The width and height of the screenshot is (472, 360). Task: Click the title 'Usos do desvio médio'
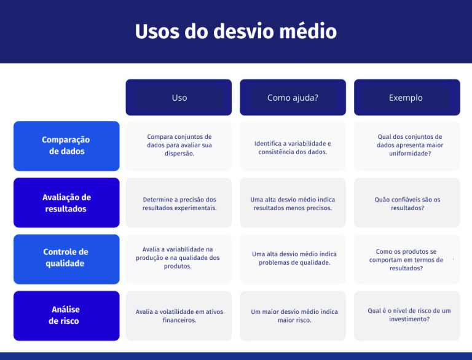236,31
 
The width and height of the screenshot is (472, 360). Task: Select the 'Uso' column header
179,98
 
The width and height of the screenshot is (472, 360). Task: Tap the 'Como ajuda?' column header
293,98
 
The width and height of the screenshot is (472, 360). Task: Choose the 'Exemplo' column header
406,98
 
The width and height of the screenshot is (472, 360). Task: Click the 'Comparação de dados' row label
66,146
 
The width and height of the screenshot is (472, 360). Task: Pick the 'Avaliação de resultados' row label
66,203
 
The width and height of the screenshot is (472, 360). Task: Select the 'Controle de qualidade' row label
66,258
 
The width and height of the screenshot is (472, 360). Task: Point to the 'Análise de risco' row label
66,315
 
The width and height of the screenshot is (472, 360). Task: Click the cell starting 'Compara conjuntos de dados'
179,146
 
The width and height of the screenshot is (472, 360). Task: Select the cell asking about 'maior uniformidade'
406,146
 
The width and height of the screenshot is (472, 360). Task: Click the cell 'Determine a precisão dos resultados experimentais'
179,203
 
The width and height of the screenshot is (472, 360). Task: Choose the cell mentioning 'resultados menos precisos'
293,203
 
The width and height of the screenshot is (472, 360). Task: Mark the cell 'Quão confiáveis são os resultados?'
406,203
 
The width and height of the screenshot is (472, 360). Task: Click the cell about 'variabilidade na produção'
179,258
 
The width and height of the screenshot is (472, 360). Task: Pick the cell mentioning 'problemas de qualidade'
293,258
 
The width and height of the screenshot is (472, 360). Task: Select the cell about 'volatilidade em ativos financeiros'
179,316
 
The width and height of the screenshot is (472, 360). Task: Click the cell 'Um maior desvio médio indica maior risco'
293,316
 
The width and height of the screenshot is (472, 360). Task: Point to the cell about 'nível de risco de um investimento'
406,315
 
